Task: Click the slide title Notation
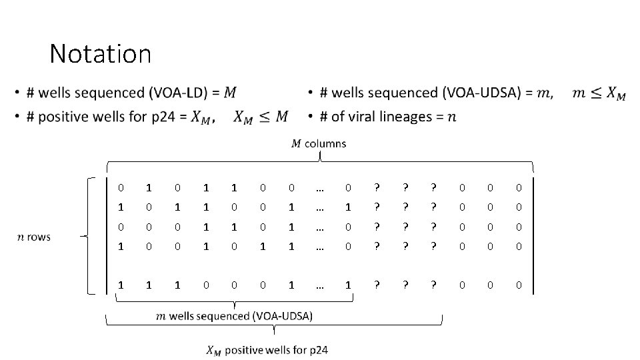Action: pos(100,53)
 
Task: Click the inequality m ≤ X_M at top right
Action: pos(599,93)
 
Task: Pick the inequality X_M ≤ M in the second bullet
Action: pos(261,117)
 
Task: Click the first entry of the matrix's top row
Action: pos(120,189)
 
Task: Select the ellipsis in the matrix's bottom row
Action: pos(320,285)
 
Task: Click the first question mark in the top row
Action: pos(377,189)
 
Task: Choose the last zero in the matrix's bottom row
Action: pos(519,285)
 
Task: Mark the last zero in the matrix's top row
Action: pos(519,189)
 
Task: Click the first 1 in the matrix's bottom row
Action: pos(120,285)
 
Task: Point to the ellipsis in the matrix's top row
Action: pos(320,189)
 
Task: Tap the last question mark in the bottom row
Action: pos(434,285)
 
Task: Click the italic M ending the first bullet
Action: pos(230,92)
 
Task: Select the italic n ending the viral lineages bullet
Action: pos(453,117)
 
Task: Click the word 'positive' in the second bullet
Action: pos(60,117)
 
